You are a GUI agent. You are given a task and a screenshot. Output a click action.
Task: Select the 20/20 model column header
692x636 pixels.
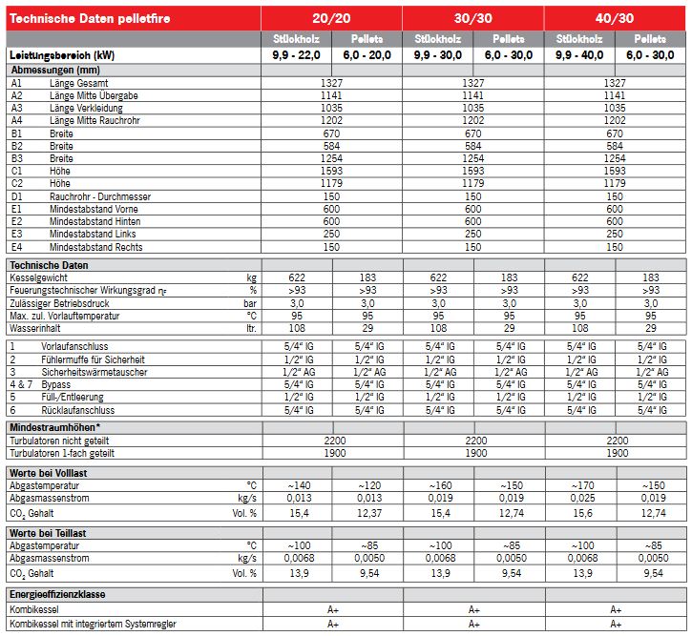331,18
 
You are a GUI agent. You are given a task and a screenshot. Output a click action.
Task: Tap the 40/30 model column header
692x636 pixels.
616,18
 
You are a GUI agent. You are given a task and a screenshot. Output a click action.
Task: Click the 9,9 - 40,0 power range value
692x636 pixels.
579,55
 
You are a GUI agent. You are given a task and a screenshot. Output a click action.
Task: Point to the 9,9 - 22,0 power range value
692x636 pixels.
296,55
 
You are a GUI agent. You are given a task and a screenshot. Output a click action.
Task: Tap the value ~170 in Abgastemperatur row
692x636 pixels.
579,485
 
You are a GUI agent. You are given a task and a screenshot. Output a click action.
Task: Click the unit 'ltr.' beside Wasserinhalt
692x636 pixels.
251,327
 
